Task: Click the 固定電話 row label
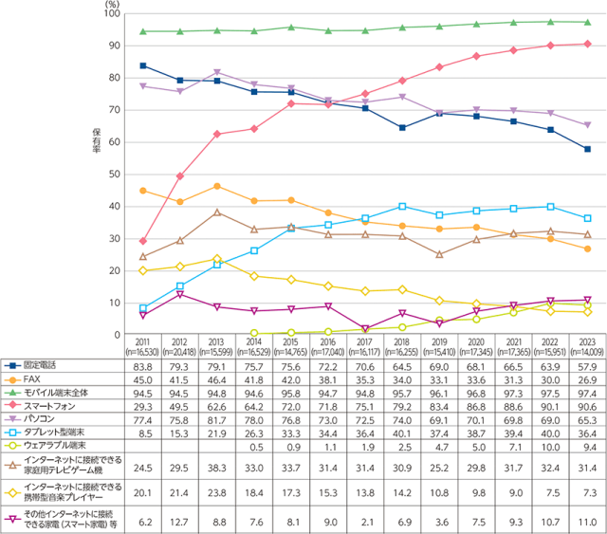point(43,364)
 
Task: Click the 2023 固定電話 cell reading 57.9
point(588,364)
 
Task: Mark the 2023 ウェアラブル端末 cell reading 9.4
point(588,447)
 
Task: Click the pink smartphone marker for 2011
point(143,241)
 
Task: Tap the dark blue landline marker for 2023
point(588,149)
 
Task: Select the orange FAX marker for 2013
point(217,186)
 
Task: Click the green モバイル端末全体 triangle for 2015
point(291,28)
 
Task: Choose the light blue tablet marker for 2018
point(402,206)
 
